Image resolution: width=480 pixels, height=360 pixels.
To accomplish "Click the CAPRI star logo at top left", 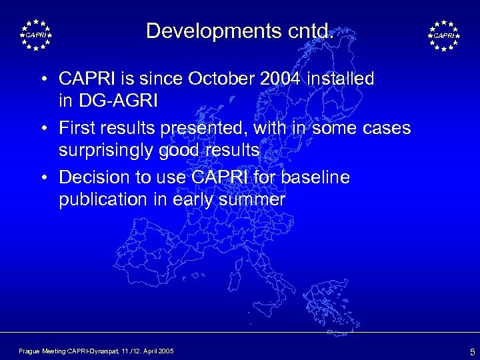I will point(36,34).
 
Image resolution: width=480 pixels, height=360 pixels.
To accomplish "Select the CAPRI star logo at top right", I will point(443,34).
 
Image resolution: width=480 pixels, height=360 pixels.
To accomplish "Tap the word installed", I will point(341,79).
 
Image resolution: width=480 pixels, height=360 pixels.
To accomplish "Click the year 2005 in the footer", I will point(164,350).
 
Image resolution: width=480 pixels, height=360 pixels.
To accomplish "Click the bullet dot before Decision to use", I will point(42,178).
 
